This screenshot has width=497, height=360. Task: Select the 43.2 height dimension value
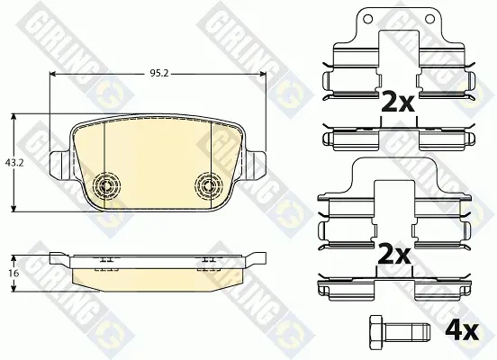14,163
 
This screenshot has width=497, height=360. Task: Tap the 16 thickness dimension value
14,273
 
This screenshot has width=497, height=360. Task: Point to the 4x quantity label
462,331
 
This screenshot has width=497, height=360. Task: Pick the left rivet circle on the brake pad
107,186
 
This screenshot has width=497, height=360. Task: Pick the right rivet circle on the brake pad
208,186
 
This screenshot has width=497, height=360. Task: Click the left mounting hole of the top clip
367,19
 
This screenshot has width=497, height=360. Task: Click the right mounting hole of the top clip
429,19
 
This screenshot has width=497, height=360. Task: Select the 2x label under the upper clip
398,102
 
